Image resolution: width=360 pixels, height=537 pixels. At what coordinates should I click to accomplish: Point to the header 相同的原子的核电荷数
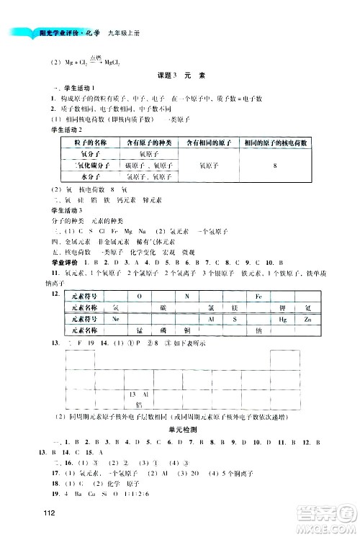pos(275,143)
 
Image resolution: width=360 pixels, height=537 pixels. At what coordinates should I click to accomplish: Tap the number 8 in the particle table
pos(275,166)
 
